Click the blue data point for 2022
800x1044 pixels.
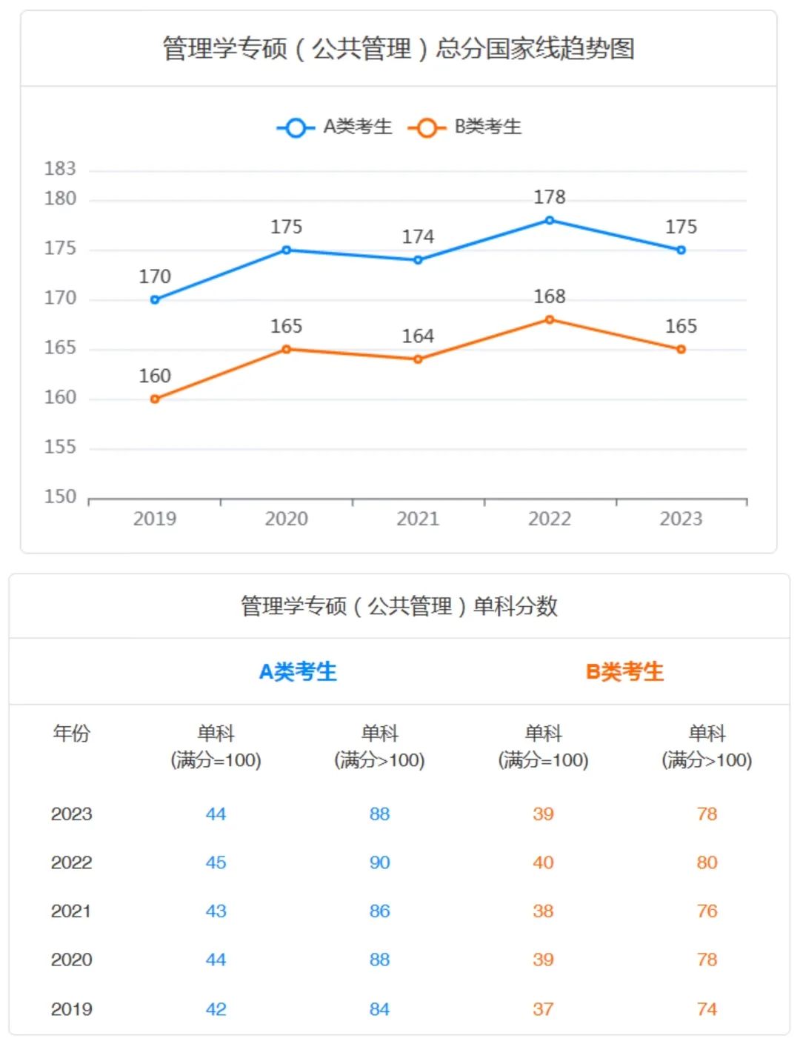[550, 220]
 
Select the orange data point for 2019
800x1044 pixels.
[155, 399]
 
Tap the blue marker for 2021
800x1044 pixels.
[418, 260]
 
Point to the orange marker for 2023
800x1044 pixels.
[681, 349]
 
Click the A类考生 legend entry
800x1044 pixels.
[335, 127]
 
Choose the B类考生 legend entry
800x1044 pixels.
[465, 127]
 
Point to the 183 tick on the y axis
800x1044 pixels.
[60, 169]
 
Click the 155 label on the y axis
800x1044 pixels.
[60, 447]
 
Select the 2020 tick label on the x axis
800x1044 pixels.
[286, 519]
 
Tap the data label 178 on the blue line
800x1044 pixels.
[550, 197]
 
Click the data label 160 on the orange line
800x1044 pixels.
[155, 376]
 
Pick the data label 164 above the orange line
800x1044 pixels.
[418, 336]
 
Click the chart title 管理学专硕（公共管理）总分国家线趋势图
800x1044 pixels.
[399, 49]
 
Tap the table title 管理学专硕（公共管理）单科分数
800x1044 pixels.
[399, 606]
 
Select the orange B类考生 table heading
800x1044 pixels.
[624, 672]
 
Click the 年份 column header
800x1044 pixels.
[71, 734]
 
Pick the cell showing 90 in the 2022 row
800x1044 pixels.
[379, 862]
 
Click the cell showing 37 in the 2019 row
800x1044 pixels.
[543, 1009]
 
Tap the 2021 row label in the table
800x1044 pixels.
[71, 911]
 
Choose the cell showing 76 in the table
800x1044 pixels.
[707, 911]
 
